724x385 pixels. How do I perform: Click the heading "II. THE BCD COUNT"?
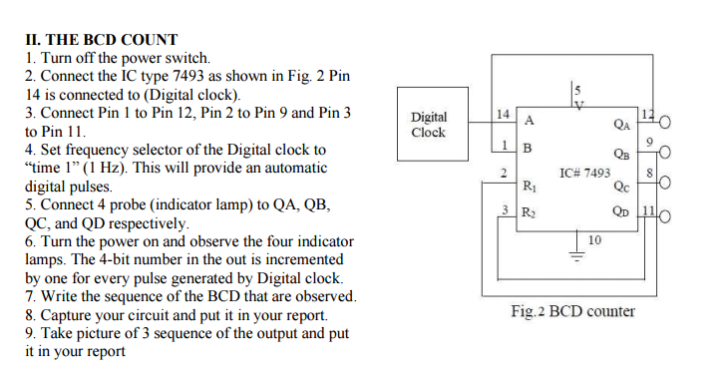(x=101, y=41)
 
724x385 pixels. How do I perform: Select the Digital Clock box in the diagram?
(x=429, y=125)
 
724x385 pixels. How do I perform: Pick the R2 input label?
(x=529, y=212)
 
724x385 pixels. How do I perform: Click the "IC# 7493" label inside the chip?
(x=584, y=173)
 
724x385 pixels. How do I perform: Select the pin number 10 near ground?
(x=594, y=239)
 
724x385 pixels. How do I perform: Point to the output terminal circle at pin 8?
(x=665, y=184)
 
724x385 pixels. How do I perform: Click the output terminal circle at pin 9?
(x=665, y=153)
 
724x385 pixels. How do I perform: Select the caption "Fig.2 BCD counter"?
(x=572, y=311)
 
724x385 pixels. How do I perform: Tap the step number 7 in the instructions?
(x=30, y=296)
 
